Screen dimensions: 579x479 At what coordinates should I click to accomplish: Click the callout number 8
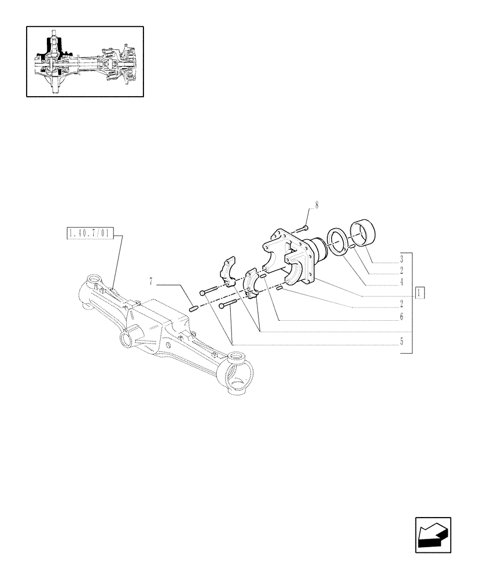316,205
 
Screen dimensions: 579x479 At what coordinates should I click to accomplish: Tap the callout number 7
150,282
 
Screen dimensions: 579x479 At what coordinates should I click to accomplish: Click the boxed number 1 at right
421,293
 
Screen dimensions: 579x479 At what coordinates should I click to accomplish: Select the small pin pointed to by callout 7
194,308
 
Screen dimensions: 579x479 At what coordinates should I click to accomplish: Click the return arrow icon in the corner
432,534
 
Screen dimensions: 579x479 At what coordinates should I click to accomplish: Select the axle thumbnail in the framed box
84,61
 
